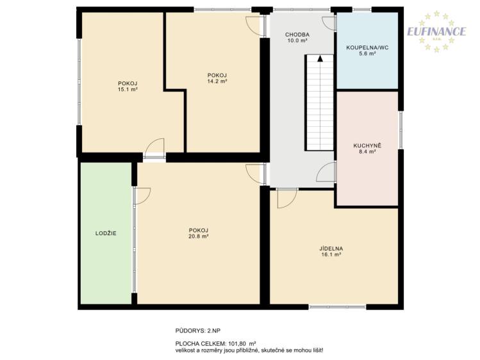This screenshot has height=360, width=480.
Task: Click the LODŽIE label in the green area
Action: pos(106,233)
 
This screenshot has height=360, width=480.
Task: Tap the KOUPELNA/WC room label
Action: pos(367,47)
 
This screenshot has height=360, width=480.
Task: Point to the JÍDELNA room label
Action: pos(331,249)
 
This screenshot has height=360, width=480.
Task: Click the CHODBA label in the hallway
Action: pos(297,35)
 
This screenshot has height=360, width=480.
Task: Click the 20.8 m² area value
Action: pos(199,236)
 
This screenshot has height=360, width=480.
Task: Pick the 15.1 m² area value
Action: pos(128,89)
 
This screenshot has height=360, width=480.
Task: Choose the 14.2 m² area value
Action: pos(217,81)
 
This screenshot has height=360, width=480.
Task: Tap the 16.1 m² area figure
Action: pos(331,254)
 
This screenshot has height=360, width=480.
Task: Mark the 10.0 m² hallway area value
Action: pos(297,40)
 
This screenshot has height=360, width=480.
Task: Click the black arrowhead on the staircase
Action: pos(320,58)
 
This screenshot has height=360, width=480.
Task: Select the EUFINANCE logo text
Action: pos(436,31)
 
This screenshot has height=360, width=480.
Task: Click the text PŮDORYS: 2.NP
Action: pos(198,331)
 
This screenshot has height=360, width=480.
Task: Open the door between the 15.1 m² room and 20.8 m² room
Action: pos(154,149)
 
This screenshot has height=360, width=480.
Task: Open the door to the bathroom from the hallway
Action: pos(329,24)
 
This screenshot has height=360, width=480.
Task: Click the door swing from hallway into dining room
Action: pos(287,199)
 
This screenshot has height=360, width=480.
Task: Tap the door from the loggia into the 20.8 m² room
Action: pos(142,196)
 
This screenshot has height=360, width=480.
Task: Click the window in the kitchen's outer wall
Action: pos(401,130)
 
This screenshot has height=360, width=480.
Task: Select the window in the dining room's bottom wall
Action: pos(337,306)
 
